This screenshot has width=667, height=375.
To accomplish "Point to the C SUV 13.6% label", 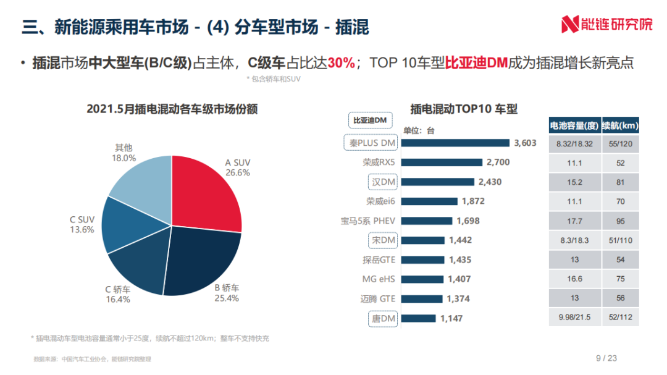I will coord(82,224).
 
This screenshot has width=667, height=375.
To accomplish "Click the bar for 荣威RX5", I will coord(442,162).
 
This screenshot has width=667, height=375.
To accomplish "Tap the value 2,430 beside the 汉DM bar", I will coord(490,182).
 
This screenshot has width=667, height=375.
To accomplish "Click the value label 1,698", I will coord(468,221).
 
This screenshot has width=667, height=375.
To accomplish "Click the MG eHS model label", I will coord(379,279).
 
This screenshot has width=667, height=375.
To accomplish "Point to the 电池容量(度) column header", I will coord(574,125).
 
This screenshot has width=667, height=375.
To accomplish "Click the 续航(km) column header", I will coord(620,125).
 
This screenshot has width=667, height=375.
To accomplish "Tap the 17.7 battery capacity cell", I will coord(574,221).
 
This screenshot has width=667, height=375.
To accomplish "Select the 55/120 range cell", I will coord(620,143).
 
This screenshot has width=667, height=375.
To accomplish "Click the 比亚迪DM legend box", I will coord(370,119).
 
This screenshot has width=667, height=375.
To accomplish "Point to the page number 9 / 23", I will coord(606,358).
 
